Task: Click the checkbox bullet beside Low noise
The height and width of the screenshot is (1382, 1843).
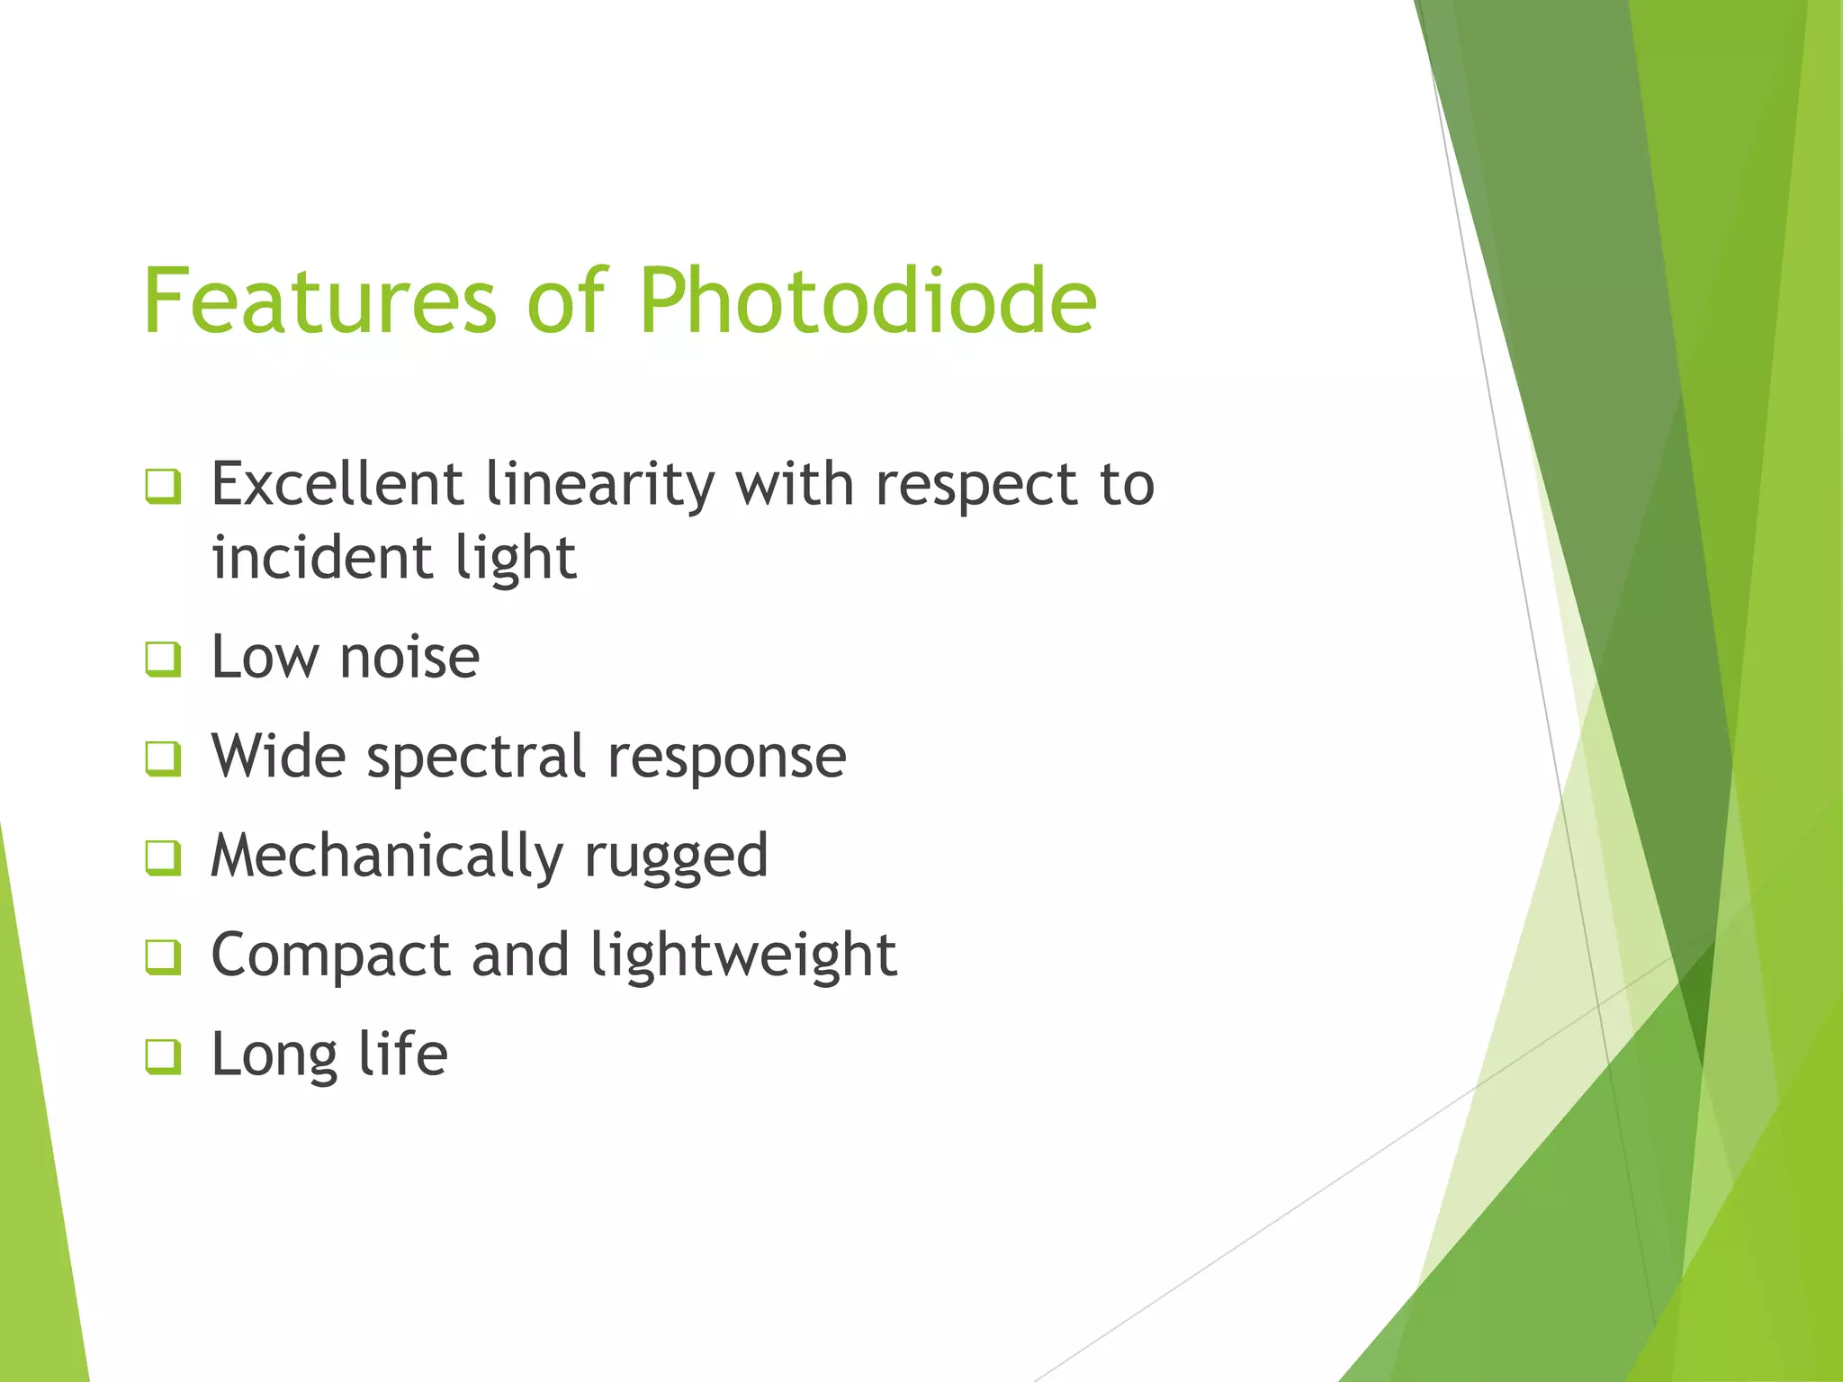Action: click(x=163, y=659)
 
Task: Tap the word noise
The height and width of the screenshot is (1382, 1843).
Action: click(x=409, y=657)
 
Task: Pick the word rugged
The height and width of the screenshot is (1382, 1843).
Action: click(x=676, y=857)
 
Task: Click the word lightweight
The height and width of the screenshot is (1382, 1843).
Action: click(x=743, y=955)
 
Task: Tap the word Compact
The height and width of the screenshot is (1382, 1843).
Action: click(x=330, y=956)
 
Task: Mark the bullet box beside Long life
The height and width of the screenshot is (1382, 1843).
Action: click(x=163, y=1056)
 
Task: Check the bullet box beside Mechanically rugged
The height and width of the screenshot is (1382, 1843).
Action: click(x=163, y=857)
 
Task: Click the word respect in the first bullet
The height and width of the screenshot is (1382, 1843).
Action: click(x=975, y=486)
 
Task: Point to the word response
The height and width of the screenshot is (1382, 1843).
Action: click(x=726, y=758)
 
